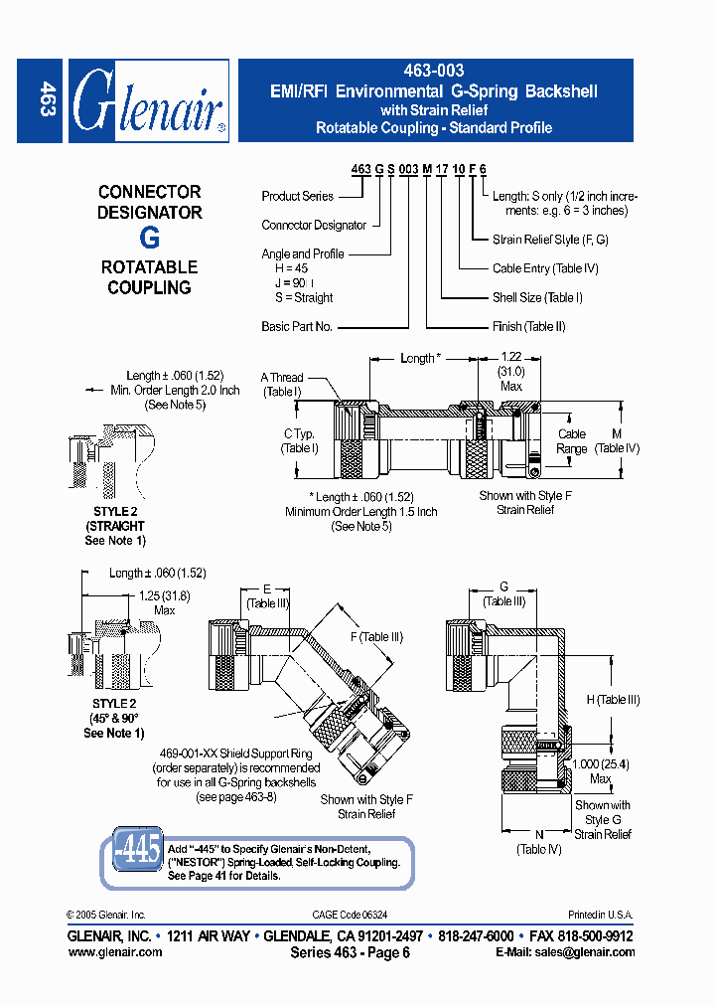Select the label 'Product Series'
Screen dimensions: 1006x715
(x=298, y=196)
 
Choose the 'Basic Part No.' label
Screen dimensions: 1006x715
(x=297, y=326)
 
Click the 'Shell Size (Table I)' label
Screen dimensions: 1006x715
(x=537, y=297)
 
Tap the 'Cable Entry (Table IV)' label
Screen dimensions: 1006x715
(x=545, y=268)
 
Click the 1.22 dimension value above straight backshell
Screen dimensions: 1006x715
(x=510, y=357)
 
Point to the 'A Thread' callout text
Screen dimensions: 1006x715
(x=282, y=378)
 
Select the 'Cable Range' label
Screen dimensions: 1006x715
(x=572, y=441)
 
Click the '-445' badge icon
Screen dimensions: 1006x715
(x=131, y=850)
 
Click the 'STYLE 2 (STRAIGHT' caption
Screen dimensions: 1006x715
(x=114, y=519)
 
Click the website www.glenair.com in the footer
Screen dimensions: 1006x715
(x=114, y=951)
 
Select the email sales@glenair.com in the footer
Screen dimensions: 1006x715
(x=565, y=951)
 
